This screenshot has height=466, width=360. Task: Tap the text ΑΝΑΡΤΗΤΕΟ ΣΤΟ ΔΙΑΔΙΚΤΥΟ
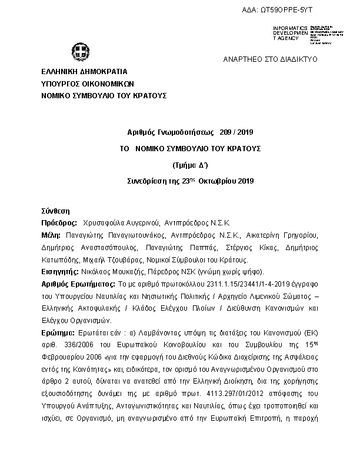tap(270, 59)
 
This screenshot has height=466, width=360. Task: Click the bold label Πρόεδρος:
tap(59, 224)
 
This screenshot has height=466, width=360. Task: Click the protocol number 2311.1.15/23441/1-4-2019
tap(235, 284)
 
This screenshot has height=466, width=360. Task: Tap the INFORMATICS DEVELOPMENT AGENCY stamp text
tap(290, 33)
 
